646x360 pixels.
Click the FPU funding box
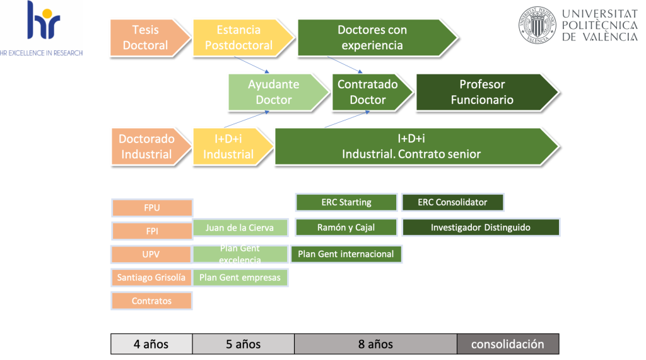(x=152, y=207)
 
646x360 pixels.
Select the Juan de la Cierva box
(x=240, y=228)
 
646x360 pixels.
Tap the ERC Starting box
(x=346, y=202)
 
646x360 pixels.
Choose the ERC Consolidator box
(x=453, y=202)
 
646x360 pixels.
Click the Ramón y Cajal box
(x=346, y=228)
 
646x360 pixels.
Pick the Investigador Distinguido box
(x=481, y=228)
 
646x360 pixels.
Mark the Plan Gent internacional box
(x=346, y=254)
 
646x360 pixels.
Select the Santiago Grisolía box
(x=152, y=277)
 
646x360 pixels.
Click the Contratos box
(x=152, y=301)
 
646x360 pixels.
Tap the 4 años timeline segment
(x=151, y=344)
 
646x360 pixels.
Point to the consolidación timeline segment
(x=508, y=344)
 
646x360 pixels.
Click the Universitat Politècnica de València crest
(x=537, y=25)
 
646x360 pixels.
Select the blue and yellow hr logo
(x=43, y=22)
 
